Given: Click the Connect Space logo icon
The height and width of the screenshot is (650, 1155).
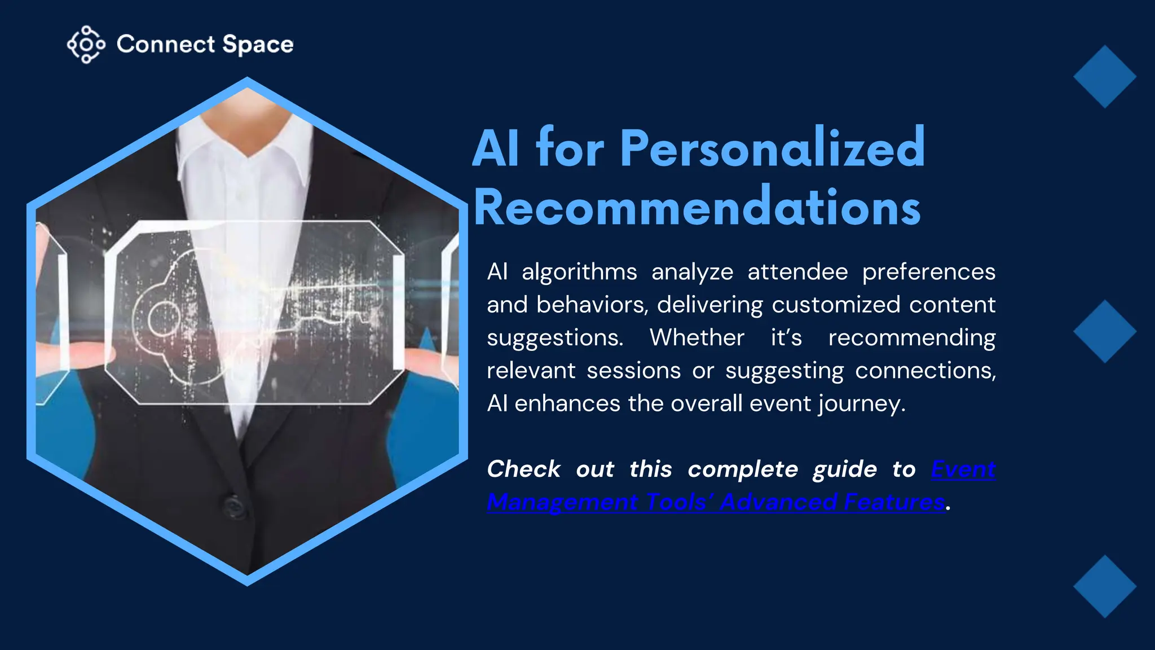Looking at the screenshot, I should coord(86,44).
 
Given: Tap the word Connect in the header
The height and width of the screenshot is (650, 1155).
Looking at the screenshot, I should coord(166,44).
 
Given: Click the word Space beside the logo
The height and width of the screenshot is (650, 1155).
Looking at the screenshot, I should coord(258,45).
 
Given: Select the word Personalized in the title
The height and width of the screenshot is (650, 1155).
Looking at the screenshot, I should coord(772,148).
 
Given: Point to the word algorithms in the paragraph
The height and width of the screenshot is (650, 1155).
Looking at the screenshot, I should coord(579,272).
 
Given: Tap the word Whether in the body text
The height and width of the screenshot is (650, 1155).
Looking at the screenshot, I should coord(697,337).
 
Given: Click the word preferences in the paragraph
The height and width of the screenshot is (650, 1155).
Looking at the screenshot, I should coord(928,272).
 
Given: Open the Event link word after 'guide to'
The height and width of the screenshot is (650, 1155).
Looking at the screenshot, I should coord(963,469).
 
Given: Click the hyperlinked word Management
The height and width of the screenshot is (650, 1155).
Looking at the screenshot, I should coord(562,502).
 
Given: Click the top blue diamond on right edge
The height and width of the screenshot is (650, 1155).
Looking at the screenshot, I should coord(1104,77).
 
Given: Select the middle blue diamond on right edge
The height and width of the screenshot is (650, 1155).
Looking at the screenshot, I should coord(1104,331).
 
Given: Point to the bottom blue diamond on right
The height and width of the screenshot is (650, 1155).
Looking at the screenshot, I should coord(1104,586).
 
